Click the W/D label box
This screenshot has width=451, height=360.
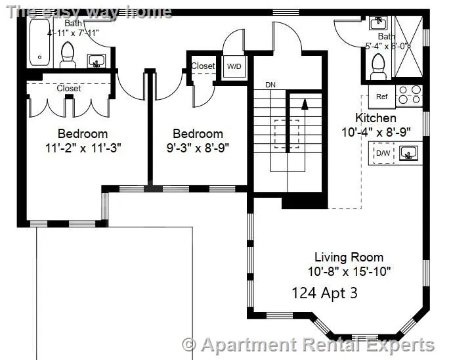tap(234, 66)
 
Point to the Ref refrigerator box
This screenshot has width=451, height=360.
tap(381, 96)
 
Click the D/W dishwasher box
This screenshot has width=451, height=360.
tap(382, 154)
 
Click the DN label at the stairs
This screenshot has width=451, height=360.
tap(270, 85)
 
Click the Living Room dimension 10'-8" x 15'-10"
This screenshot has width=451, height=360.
tap(349, 271)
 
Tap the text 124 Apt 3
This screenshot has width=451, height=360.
tap(324, 293)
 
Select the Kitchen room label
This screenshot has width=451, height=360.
tap(376, 118)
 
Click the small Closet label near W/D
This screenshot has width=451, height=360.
tap(203, 66)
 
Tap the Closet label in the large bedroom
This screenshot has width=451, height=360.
tap(69, 88)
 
